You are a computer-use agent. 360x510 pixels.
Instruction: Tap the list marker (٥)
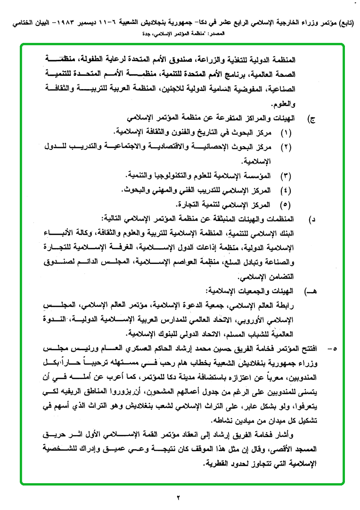[286, 205]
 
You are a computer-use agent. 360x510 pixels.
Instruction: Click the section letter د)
[311, 220]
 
